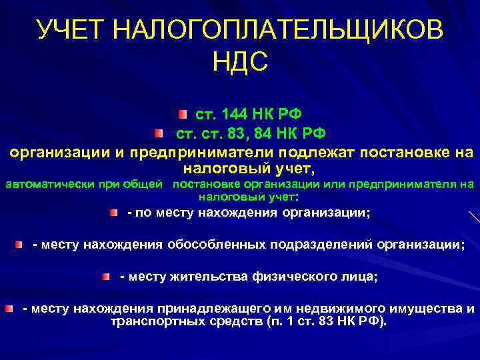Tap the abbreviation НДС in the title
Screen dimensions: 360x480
pos(240,63)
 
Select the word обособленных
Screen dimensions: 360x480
pos(216,245)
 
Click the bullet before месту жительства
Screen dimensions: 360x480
pos(107,276)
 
